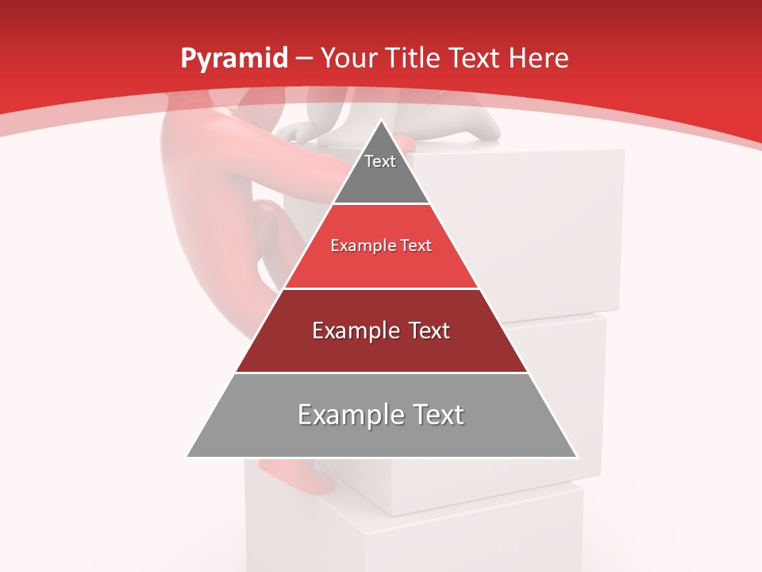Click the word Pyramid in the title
(234, 59)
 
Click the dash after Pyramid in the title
(303, 59)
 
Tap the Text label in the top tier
(380, 161)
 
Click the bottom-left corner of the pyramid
(187, 457)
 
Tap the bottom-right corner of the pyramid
(576, 457)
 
